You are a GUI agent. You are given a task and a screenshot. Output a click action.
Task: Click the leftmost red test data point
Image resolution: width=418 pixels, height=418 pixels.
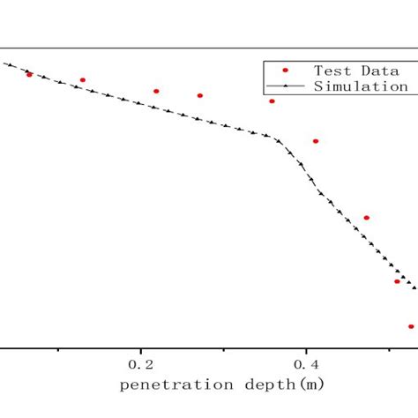pyautogui.click(x=29, y=75)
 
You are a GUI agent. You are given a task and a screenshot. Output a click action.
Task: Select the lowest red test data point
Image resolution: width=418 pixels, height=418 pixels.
pyautogui.click(x=411, y=326)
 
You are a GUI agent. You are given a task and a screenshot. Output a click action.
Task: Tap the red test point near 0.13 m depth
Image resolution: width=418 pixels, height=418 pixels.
pyautogui.click(x=83, y=80)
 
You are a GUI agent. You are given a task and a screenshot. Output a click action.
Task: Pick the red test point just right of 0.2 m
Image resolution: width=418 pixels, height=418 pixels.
pyautogui.click(x=156, y=91)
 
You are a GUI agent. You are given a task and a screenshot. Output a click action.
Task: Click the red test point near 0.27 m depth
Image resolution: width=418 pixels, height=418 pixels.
pyautogui.click(x=200, y=95)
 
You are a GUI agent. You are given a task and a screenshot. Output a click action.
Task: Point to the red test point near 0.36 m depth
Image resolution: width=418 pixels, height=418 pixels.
pyautogui.click(x=272, y=101)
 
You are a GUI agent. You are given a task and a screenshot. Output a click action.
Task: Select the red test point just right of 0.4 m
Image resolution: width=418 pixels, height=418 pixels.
pyautogui.click(x=316, y=141)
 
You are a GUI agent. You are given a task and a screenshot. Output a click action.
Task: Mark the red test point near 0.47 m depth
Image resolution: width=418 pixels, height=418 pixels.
pyautogui.click(x=367, y=218)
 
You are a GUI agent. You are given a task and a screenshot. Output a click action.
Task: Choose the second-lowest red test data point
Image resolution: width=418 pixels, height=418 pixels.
pyautogui.click(x=397, y=281)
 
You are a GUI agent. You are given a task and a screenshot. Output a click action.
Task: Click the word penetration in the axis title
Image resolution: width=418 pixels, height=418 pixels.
pyautogui.click(x=168, y=385)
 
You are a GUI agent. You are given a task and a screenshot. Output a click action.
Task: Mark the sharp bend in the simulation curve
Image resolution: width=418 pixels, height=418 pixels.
pyautogui.click(x=276, y=138)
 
